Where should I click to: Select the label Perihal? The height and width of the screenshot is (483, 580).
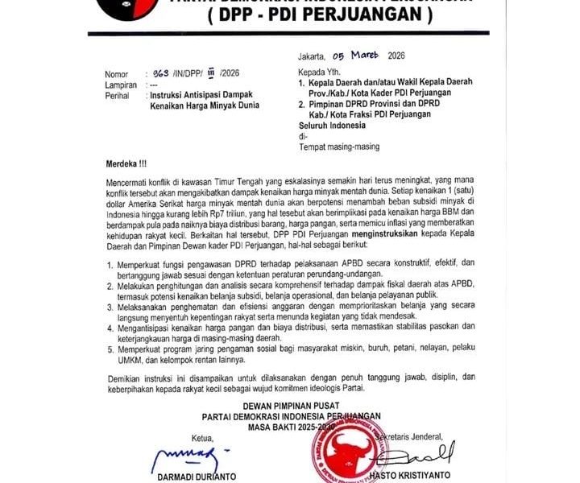coord(118,95)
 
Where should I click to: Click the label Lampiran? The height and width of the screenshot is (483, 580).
coord(122,84)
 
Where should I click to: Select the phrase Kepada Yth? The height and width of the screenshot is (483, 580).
coord(316,71)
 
